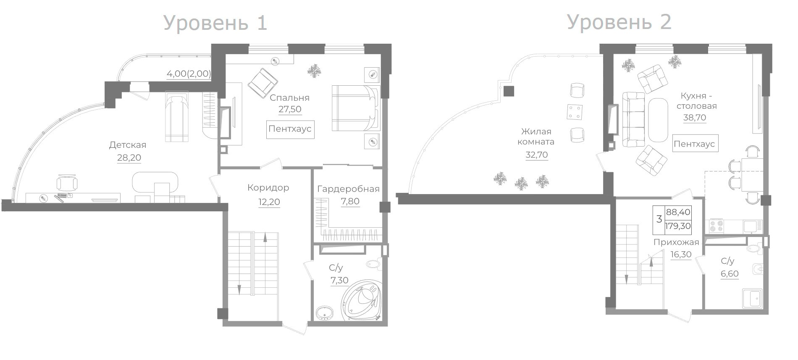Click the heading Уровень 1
(x=215, y=23)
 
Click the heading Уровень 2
(x=619, y=22)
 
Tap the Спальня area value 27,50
(x=290, y=110)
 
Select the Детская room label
(x=128, y=145)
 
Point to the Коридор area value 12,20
(x=269, y=202)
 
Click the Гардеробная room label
(x=348, y=189)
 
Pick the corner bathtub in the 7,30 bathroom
(x=361, y=300)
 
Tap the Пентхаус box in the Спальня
(x=290, y=129)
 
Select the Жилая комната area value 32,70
(x=537, y=155)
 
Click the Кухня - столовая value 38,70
(x=695, y=118)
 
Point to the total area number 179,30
(x=678, y=226)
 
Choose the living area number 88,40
(x=678, y=213)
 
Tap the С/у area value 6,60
(x=730, y=274)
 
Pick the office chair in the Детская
(x=67, y=183)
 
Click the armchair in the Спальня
(x=263, y=82)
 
